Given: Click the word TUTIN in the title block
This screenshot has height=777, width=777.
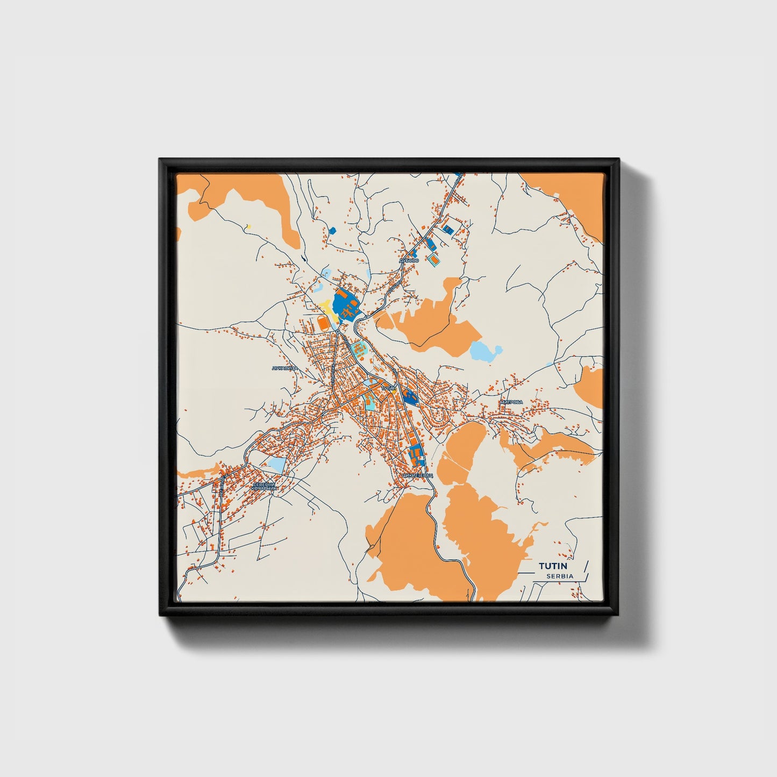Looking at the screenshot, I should pyautogui.click(x=555, y=566).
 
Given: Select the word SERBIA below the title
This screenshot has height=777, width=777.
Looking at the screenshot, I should pyautogui.click(x=560, y=576).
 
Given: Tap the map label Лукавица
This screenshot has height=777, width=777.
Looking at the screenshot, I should pyautogui.click(x=285, y=368).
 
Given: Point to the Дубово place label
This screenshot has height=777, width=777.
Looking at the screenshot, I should pyautogui.click(x=409, y=260).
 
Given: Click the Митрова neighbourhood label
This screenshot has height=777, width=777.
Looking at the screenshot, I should pyautogui.click(x=511, y=402).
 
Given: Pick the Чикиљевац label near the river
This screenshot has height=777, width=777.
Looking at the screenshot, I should pyautogui.click(x=417, y=476).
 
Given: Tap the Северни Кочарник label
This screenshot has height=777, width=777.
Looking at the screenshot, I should pyautogui.click(x=264, y=487).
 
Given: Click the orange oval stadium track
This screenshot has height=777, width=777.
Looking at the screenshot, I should pyautogui.click(x=323, y=323).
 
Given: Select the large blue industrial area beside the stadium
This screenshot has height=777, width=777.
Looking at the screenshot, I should pyautogui.click(x=345, y=305).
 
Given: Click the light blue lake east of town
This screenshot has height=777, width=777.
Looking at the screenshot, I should pyautogui.click(x=485, y=352).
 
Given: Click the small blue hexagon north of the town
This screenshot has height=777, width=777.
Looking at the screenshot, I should pyautogui.click(x=332, y=231).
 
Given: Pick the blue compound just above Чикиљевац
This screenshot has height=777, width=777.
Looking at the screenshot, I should pyautogui.click(x=415, y=456).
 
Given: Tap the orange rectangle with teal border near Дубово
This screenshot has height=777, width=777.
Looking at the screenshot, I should pyautogui.click(x=433, y=261).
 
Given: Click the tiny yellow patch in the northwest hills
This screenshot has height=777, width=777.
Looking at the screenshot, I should pyautogui.click(x=248, y=226).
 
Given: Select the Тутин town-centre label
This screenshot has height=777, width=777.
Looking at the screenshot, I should pyautogui.click(x=388, y=387).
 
